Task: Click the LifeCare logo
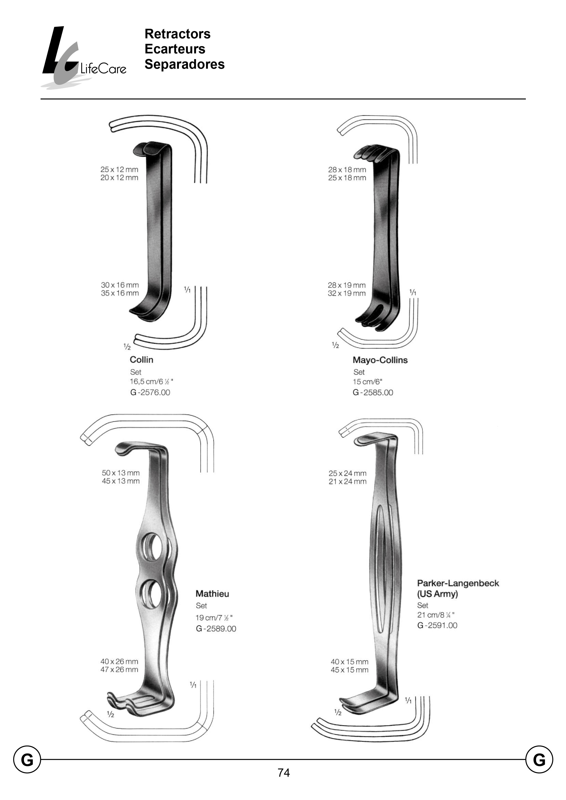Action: pyautogui.click(x=84, y=58)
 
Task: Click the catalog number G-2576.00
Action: pyautogui.click(x=150, y=393)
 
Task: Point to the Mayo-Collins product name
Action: pyautogui.click(x=380, y=360)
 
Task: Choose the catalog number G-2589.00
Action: pyautogui.click(x=216, y=629)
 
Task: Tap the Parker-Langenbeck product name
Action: pyautogui.click(x=458, y=583)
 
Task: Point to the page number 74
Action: pyautogui.click(x=284, y=773)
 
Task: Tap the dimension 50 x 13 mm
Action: pyautogui.click(x=121, y=473)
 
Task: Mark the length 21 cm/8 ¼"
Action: pyautogui.click(x=436, y=615)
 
